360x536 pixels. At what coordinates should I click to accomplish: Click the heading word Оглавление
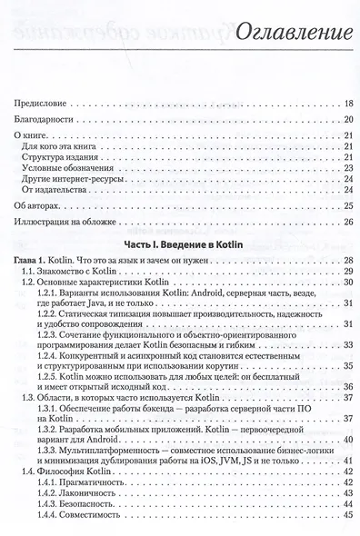[295, 35]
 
